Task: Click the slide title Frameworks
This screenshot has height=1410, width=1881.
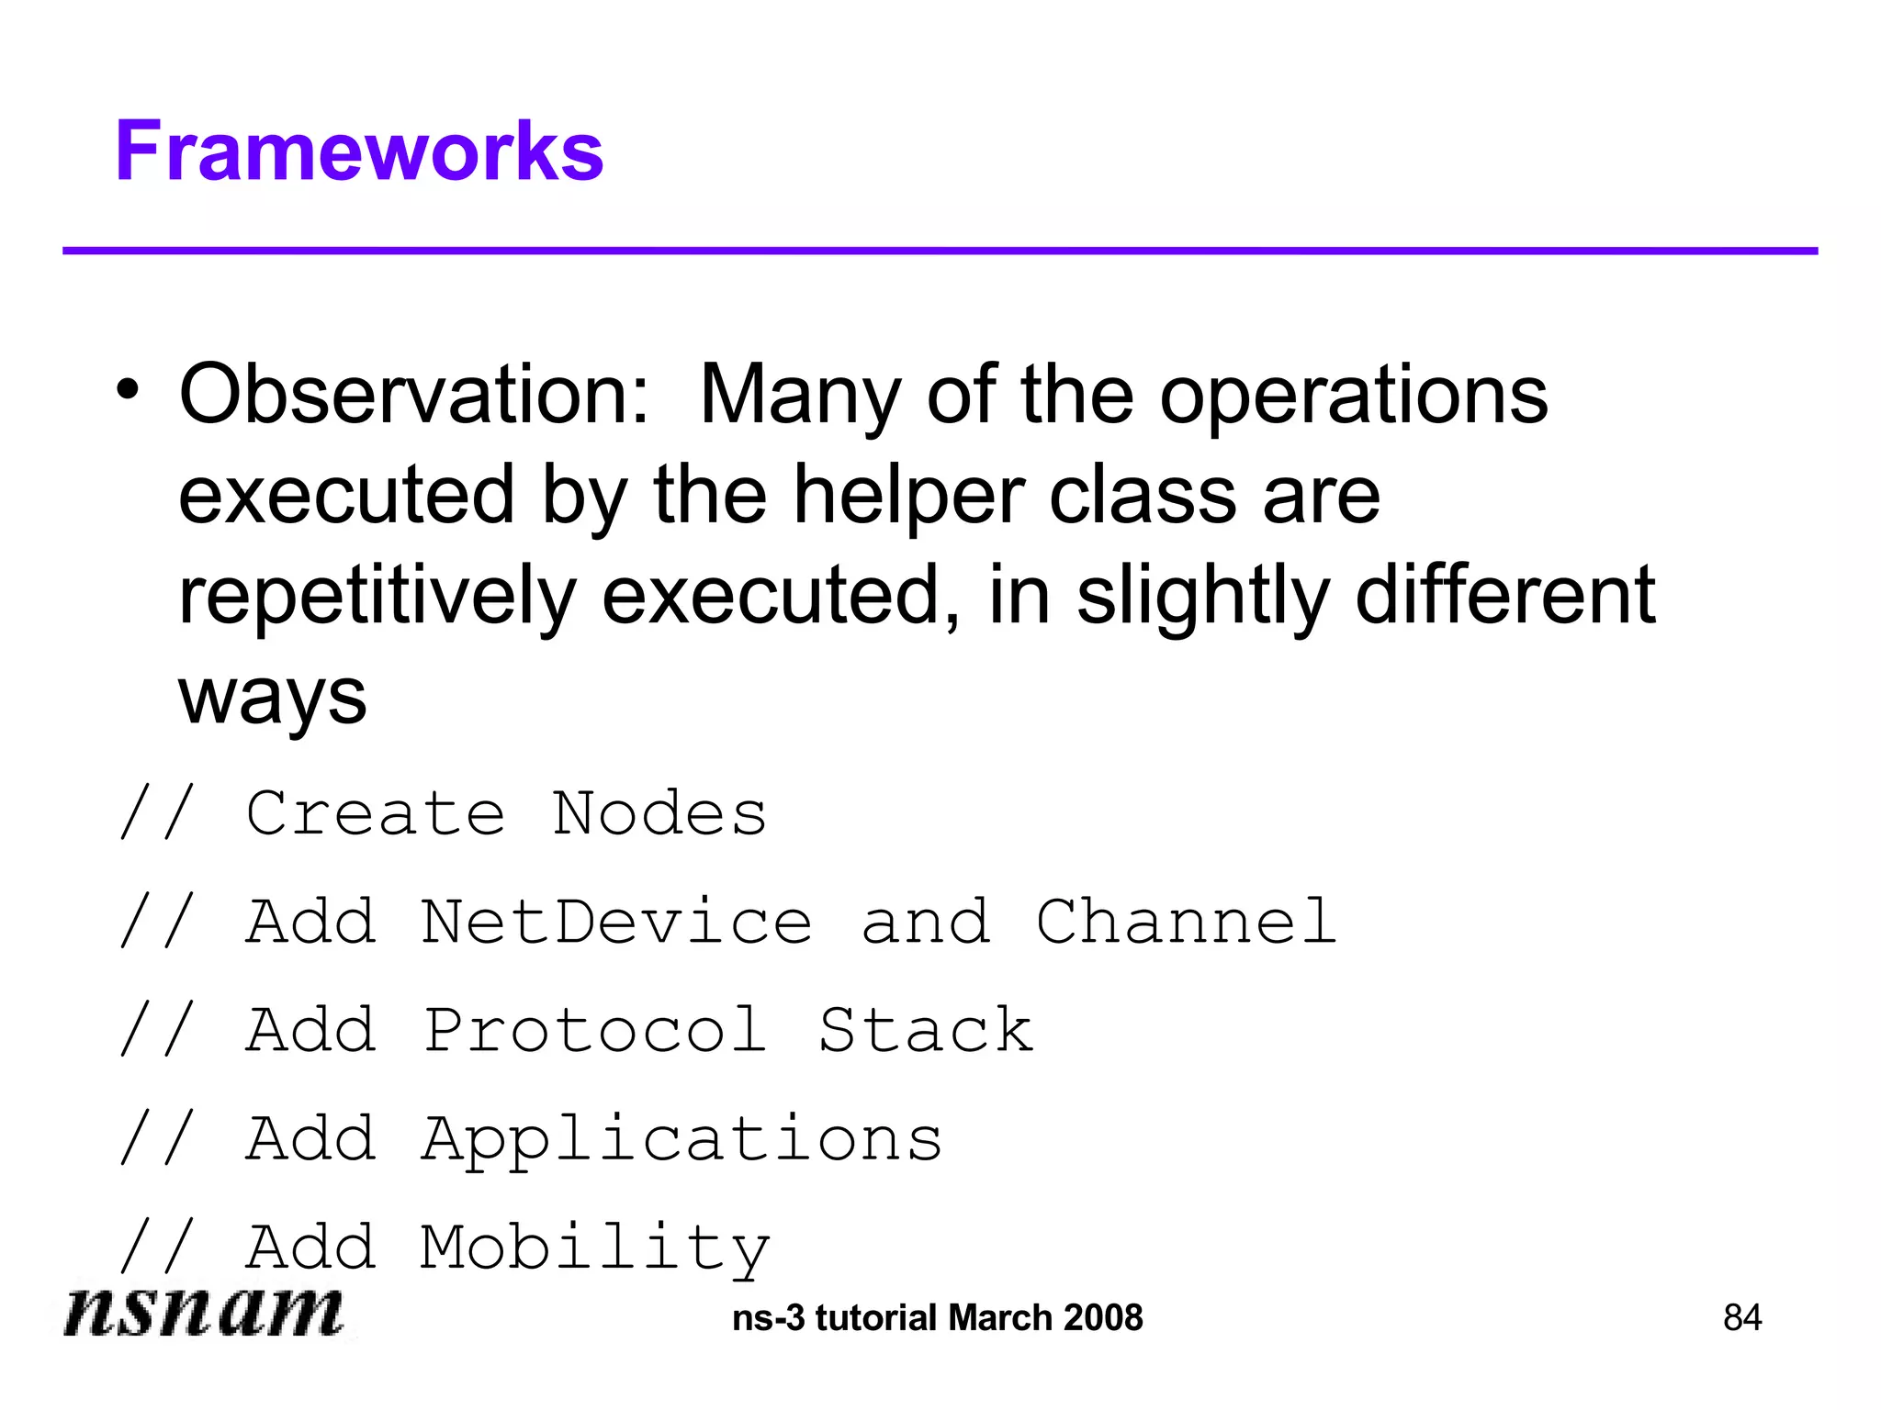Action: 359,151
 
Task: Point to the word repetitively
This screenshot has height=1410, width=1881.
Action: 377,597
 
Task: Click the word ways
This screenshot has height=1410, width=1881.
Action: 272,698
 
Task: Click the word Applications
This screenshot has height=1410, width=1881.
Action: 681,1140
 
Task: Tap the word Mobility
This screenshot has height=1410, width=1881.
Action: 594,1248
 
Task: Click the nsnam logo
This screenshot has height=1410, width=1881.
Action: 204,1313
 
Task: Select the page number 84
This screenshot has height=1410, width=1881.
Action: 1742,1318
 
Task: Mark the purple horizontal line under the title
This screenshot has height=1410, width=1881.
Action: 940,251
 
